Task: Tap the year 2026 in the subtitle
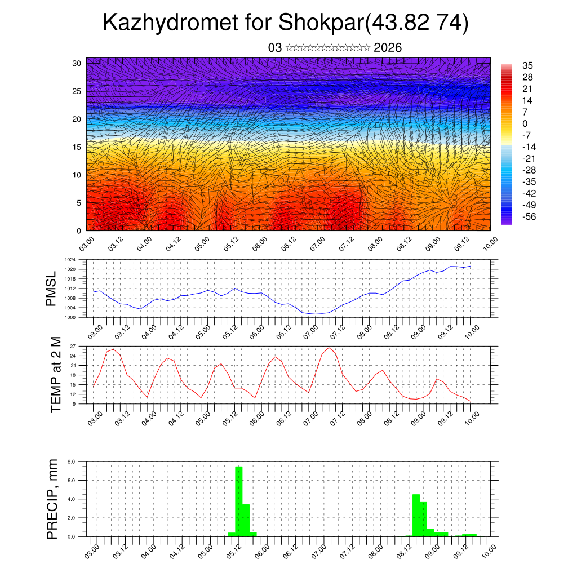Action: tap(388, 48)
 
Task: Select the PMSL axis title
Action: tap(51, 288)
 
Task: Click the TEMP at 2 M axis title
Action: tap(55, 374)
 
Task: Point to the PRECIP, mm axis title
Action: tap(52, 499)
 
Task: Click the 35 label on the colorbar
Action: tap(527, 65)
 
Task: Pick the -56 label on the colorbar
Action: tap(529, 216)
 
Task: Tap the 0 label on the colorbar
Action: tap(525, 123)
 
